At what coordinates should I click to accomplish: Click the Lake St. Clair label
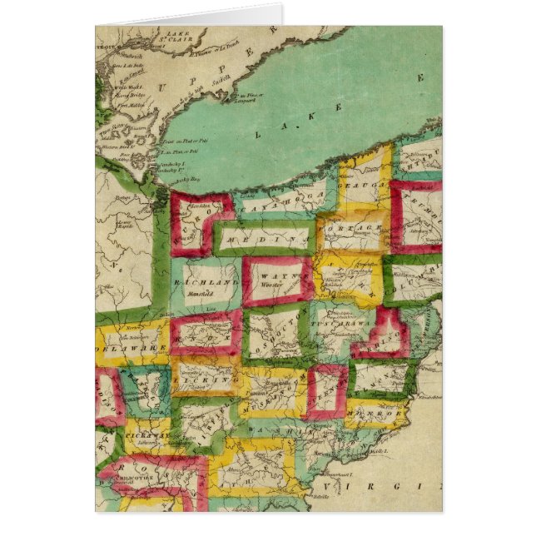point(179,36)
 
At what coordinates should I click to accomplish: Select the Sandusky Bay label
point(171,177)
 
